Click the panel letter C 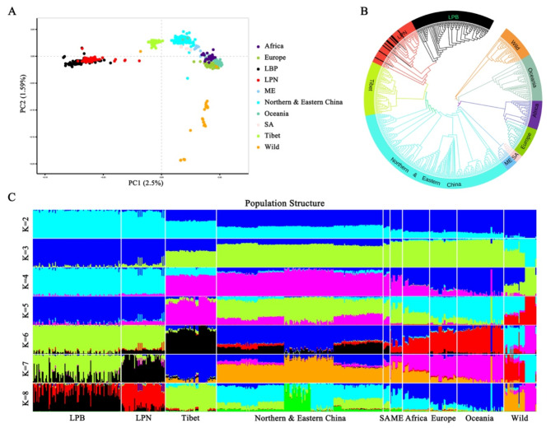tap(11, 198)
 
